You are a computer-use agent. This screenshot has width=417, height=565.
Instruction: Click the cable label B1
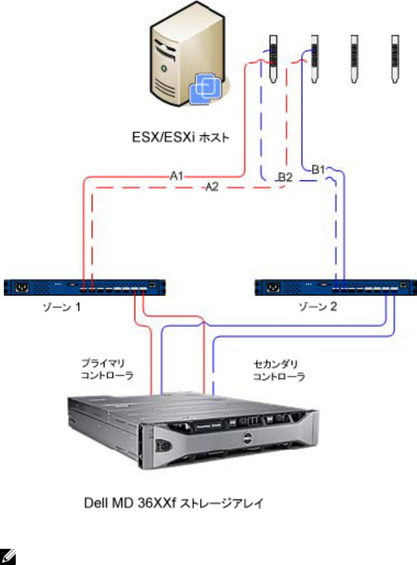point(318,170)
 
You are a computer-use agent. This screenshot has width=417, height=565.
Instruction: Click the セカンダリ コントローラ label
point(278,370)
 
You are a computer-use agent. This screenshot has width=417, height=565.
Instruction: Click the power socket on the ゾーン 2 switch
point(274,288)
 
